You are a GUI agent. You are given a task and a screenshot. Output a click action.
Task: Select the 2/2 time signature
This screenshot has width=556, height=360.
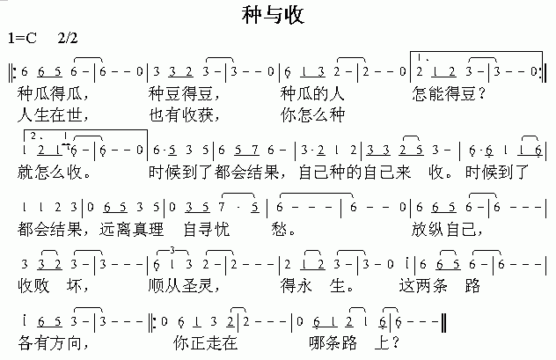coord(68,38)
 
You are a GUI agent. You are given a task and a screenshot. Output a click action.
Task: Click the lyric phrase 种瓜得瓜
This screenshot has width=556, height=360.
coord(52,92)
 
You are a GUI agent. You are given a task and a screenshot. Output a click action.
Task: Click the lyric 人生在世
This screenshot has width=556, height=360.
coord(52,114)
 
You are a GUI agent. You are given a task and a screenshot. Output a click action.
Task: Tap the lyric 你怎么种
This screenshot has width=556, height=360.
coord(313,114)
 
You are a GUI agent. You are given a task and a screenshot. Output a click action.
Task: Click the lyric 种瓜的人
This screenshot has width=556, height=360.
coord(313,92)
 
